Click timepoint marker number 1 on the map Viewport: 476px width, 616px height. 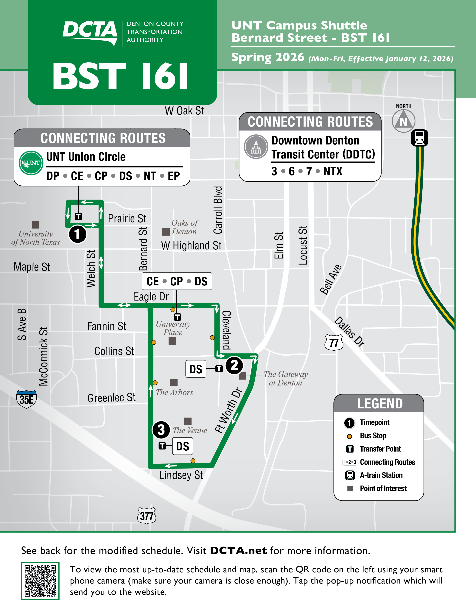tap(77, 234)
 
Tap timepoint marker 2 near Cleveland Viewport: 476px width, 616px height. tap(234, 365)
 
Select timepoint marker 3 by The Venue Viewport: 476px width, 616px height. tap(161, 430)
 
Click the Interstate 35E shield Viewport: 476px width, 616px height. tap(27, 399)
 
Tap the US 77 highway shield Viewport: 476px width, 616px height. tap(334, 342)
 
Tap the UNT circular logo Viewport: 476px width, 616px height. tap(31, 163)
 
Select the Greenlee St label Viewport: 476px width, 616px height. tap(111, 398)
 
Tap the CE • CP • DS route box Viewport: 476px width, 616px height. tap(177, 281)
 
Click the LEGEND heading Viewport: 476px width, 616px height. tap(380, 404)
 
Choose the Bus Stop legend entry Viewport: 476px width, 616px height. tap(373, 436)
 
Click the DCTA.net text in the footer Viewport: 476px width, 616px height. tap(238, 550)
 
